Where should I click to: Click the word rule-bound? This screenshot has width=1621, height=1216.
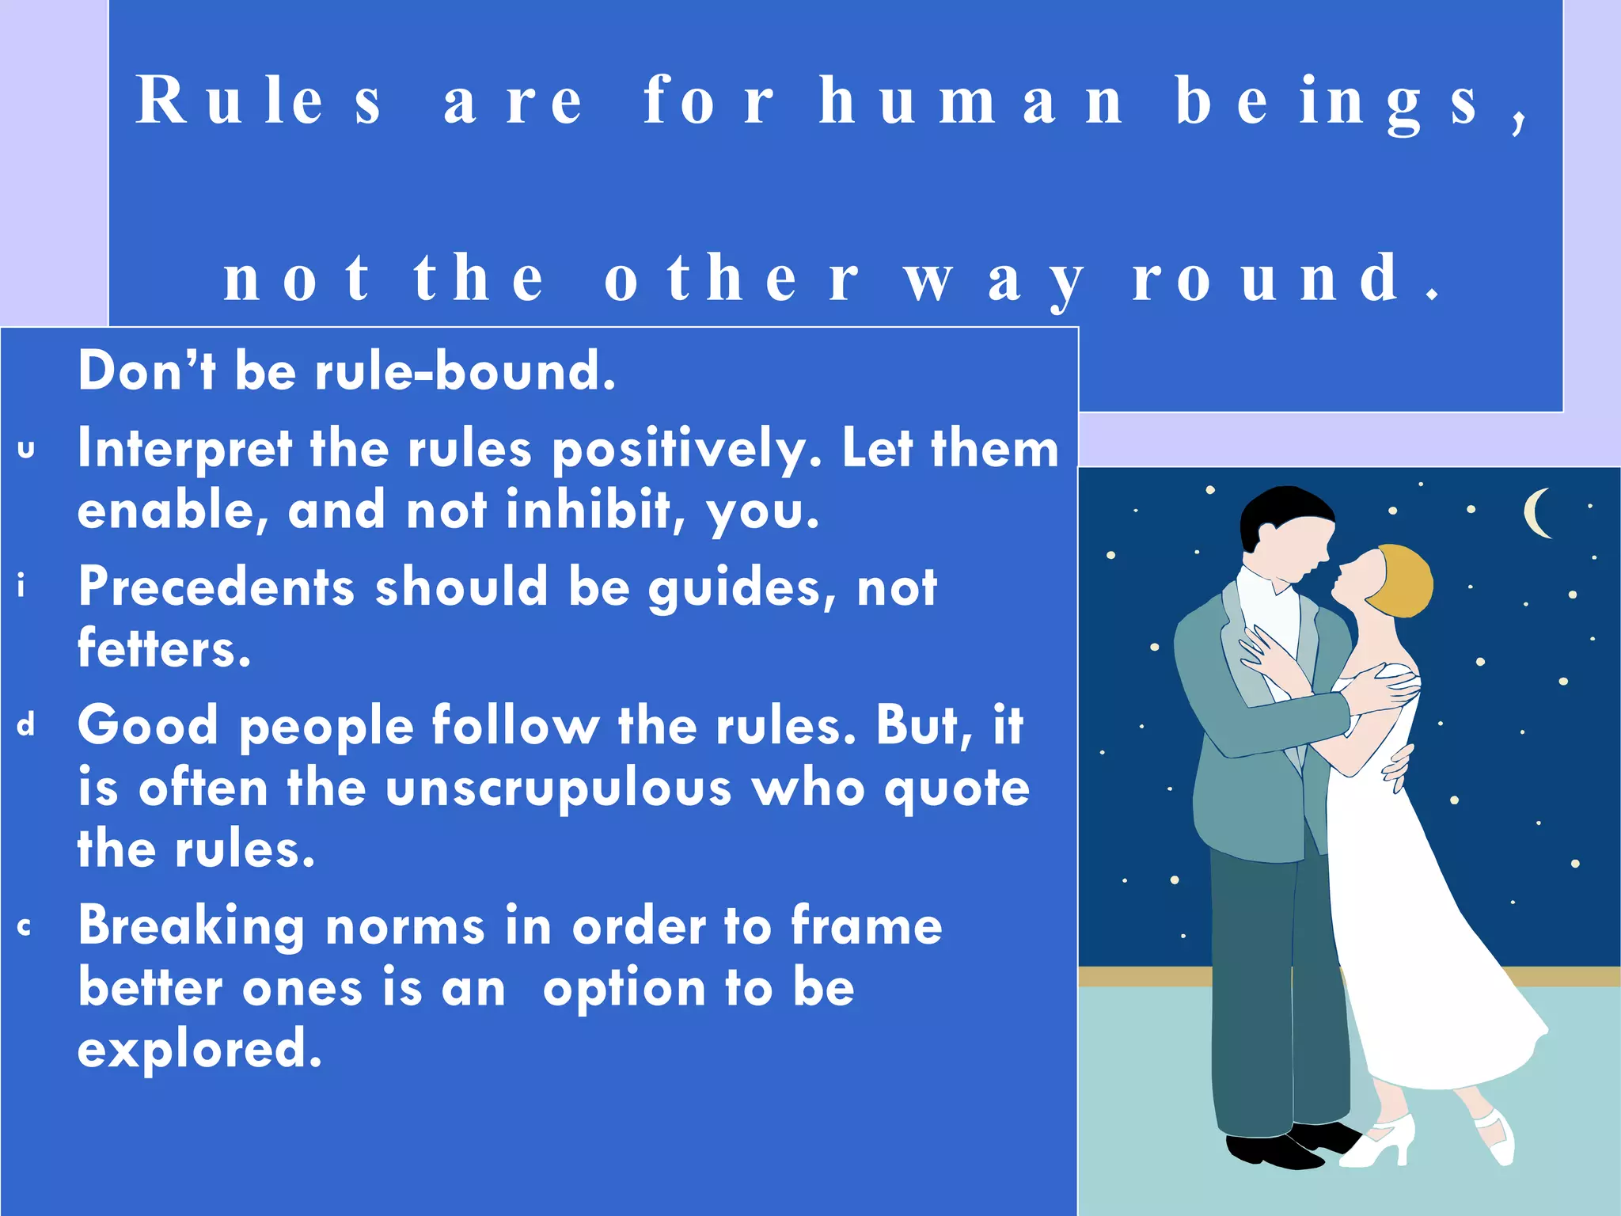click(x=465, y=370)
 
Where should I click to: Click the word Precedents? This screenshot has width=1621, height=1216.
click(x=216, y=587)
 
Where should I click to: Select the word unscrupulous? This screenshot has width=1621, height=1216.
click(x=559, y=788)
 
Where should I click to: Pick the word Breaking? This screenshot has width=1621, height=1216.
click(x=191, y=926)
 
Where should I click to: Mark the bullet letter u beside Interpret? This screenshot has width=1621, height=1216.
click(x=26, y=450)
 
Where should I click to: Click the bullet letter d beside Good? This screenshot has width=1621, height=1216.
click(x=26, y=724)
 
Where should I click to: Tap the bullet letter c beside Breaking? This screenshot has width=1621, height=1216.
click(x=25, y=927)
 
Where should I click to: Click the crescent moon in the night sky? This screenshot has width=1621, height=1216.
click(x=1537, y=513)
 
